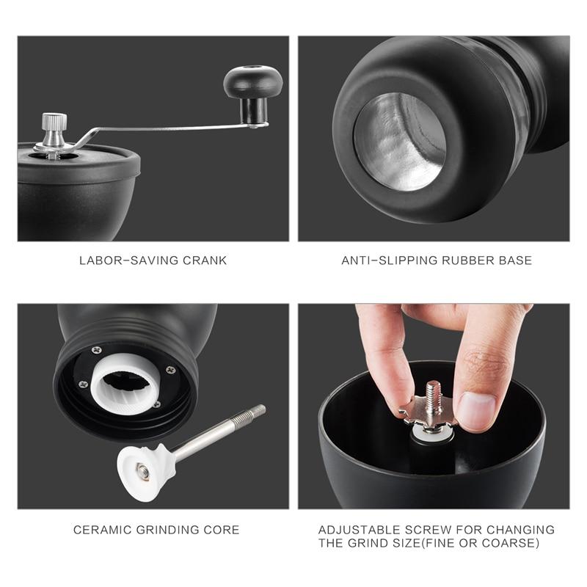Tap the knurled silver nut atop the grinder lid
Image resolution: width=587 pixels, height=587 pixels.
tap(54, 122)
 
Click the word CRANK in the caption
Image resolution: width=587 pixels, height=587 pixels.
tap(205, 260)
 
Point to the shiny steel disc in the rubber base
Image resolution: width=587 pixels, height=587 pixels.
tap(399, 142)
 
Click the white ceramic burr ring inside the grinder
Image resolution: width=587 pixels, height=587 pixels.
tap(125, 383)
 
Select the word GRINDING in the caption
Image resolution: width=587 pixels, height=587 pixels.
tap(167, 530)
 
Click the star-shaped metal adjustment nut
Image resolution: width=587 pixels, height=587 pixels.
tap(428, 415)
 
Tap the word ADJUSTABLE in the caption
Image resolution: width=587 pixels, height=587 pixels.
tap(359, 530)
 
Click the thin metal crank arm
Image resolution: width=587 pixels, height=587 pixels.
tap(169, 129)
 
